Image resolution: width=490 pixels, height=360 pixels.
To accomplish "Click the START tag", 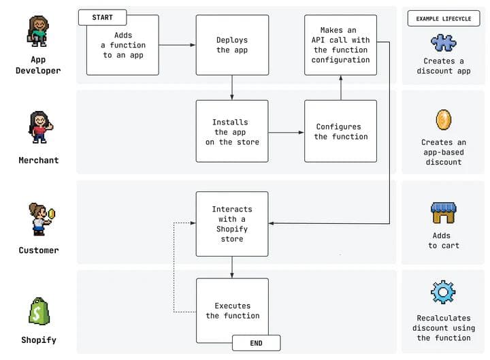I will click(102, 16).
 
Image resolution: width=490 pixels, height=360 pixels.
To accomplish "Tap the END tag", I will click(256, 342).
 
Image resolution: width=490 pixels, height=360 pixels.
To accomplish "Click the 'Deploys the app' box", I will click(231, 45).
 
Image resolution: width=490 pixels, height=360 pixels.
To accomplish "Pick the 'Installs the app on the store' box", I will click(231, 131).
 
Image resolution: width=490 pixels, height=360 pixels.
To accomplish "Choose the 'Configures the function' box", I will click(340, 131).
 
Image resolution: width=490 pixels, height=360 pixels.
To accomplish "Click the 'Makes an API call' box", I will click(340, 45).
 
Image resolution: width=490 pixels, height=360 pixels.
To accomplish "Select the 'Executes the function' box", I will click(231, 310).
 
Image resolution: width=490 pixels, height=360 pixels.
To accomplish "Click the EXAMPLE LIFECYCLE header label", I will click(443, 18).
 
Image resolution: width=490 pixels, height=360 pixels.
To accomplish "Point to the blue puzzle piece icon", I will click(443, 43).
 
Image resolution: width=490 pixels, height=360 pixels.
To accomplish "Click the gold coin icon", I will click(443, 120).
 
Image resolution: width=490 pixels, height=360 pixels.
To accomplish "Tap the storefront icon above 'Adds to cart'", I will click(443, 212).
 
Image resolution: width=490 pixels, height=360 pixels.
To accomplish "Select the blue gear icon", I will click(443, 292).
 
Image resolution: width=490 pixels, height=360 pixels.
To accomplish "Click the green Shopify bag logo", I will click(39, 311).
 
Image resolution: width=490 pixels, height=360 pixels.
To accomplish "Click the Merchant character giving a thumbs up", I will click(38, 127).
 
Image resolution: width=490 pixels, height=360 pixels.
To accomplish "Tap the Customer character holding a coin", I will click(38, 218).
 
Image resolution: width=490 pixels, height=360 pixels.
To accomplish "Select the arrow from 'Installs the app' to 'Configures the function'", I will click(286, 132).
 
